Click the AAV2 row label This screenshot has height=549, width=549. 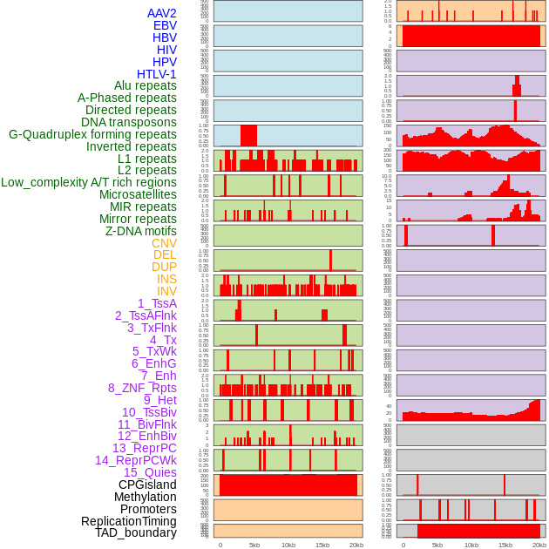click(161, 13)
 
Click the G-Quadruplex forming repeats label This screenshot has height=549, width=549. click(92, 134)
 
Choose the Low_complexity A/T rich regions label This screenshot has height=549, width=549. click(89, 182)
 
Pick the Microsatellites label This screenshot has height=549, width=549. click(138, 194)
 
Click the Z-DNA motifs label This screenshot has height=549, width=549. click(140, 231)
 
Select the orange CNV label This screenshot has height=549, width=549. click(164, 243)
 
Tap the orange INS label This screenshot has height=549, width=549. click(166, 279)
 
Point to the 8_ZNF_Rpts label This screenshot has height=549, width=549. click(142, 388)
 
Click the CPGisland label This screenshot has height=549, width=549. click(147, 485)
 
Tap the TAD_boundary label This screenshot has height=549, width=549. click(136, 532)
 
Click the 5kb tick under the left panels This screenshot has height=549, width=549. click(254, 545)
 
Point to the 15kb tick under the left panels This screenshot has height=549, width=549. click(322, 545)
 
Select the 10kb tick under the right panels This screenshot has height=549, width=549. click(471, 545)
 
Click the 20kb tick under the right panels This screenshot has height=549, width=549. click(539, 545)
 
